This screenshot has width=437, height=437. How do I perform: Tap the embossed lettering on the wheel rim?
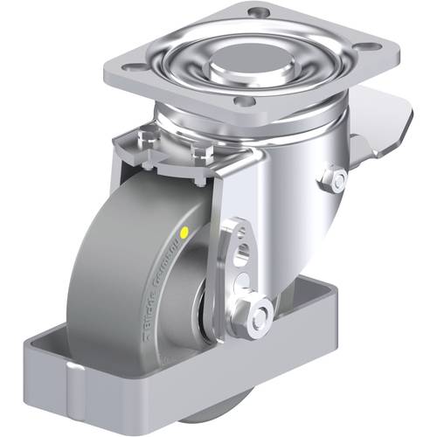[x=171, y=289]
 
